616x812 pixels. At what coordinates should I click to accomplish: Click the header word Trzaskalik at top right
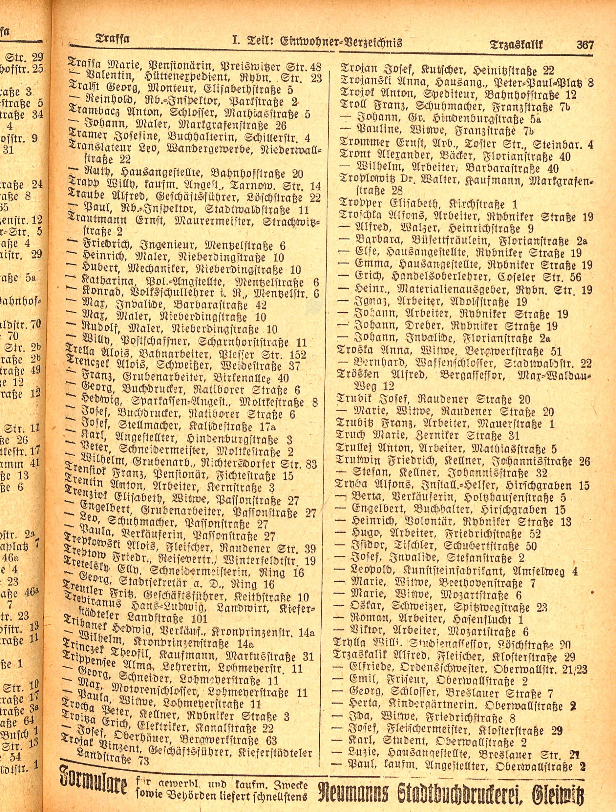(516, 45)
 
